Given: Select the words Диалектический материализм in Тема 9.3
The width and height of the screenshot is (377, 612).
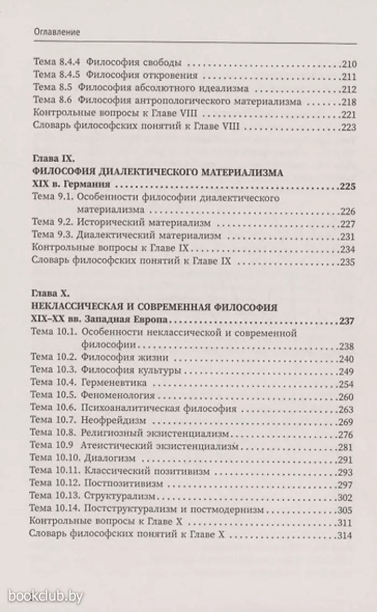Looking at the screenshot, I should (148, 236).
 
